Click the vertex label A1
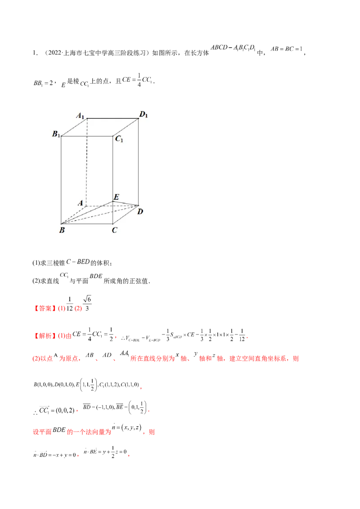[81, 116]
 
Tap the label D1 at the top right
[144, 115]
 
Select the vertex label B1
[56, 134]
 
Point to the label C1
[119, 139]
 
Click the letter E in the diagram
[116, 197]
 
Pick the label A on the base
[81, 203]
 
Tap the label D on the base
[140, 211]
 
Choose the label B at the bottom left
[62, 230]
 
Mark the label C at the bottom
[115, 230]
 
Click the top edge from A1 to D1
[112, 119]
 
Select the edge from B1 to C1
[86, 136]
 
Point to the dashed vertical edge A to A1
[87, 162]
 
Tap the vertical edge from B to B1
[61, 180]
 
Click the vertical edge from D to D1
[138, 162]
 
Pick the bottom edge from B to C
[86, 223]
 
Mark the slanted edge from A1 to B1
[74, 127]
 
